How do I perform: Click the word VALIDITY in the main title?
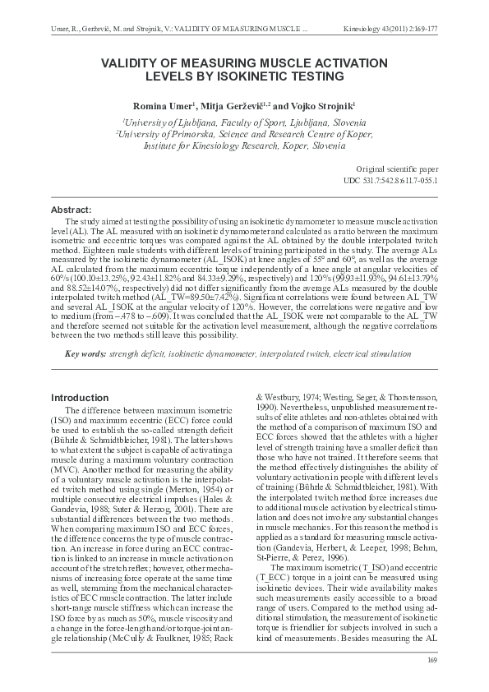pyautogui.click(x=134, y=63)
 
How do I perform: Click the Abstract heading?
pyautogui.click(x=71, y=210)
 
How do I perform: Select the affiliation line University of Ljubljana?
pyautogui.click(x=243, y=122)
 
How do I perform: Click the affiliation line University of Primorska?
pyautogui.click(x=243, y=133)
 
